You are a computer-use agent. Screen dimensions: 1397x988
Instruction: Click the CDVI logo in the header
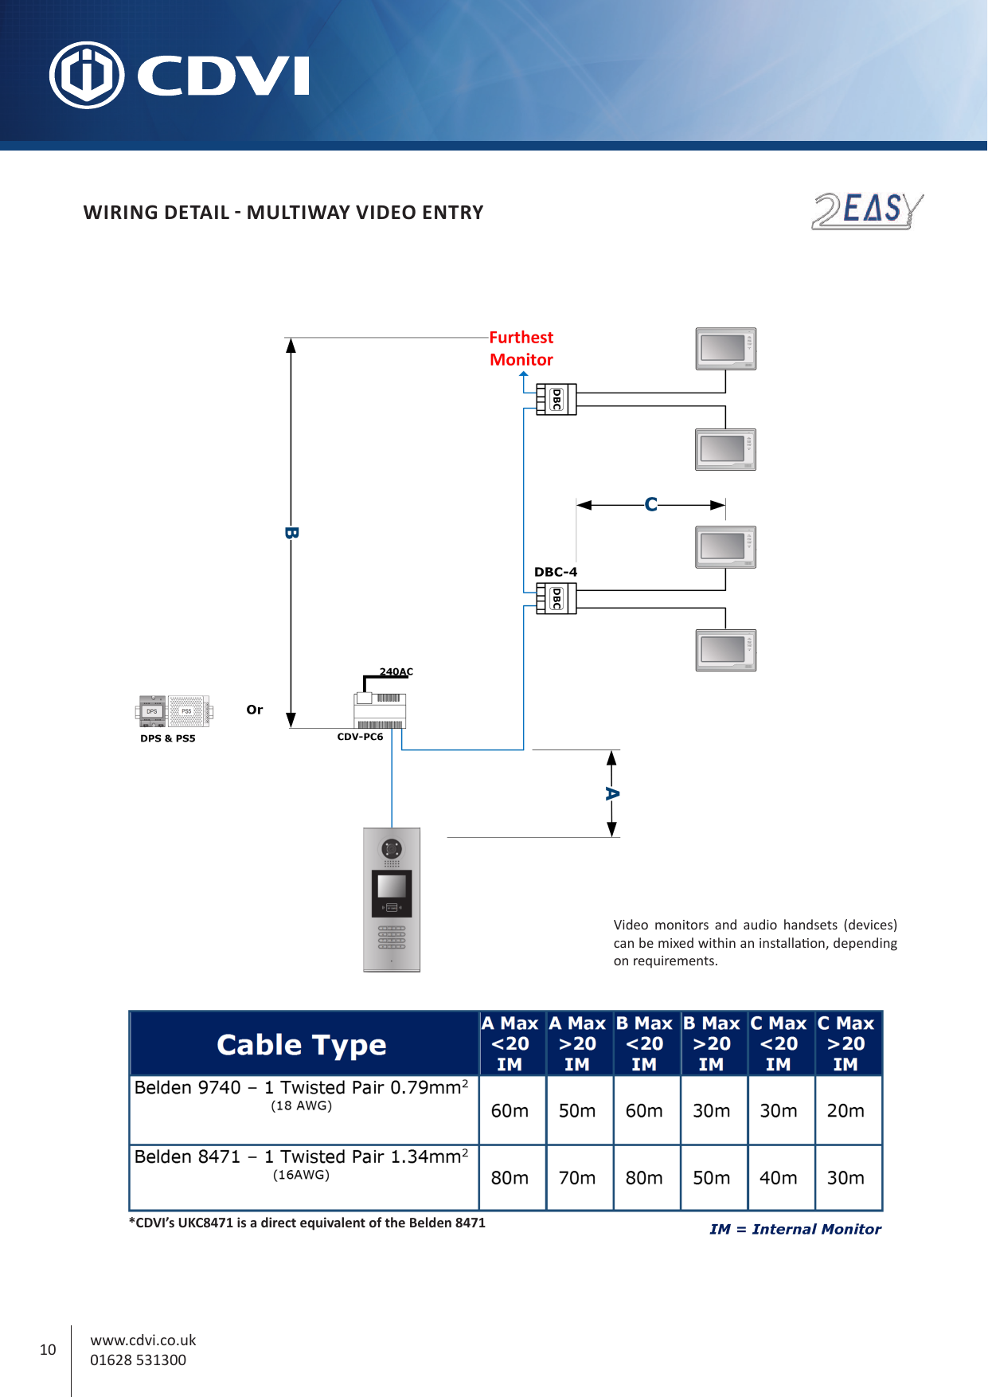point(179,75)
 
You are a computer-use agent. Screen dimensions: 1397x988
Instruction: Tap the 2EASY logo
point(868,211)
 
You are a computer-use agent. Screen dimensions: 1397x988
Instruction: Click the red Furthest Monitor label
point(521,349)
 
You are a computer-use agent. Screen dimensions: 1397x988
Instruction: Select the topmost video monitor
point(725,349)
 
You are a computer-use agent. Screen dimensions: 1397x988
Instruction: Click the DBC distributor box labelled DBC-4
point(556,598)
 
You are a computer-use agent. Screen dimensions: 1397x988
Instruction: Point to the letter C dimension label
point(650,504)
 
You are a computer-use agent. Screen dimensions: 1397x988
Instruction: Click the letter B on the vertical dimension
point(291,533)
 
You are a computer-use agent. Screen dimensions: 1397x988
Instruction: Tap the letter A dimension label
point(611,793)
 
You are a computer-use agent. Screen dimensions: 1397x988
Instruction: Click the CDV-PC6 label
point(360,737)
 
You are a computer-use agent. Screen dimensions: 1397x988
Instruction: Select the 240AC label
point(396,671)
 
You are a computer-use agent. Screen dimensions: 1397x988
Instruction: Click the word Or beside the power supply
point(254,710)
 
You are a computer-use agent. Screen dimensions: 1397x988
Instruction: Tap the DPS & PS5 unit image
point(174,711)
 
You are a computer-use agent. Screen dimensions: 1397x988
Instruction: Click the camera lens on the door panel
point(392,848)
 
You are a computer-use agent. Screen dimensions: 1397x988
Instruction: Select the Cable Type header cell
point(303,1044)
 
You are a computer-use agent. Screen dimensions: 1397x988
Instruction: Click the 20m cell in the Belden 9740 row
point(845,1110)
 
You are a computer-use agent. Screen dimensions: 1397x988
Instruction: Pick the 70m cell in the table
point(576,1178)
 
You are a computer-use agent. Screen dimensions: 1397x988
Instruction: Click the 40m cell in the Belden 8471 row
point(778,1178)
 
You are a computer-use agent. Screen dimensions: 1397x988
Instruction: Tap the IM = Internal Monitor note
point(795,1229)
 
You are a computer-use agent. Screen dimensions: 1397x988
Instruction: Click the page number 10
point(48,1349)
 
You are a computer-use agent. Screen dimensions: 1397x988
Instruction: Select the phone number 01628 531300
point(138,1360)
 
